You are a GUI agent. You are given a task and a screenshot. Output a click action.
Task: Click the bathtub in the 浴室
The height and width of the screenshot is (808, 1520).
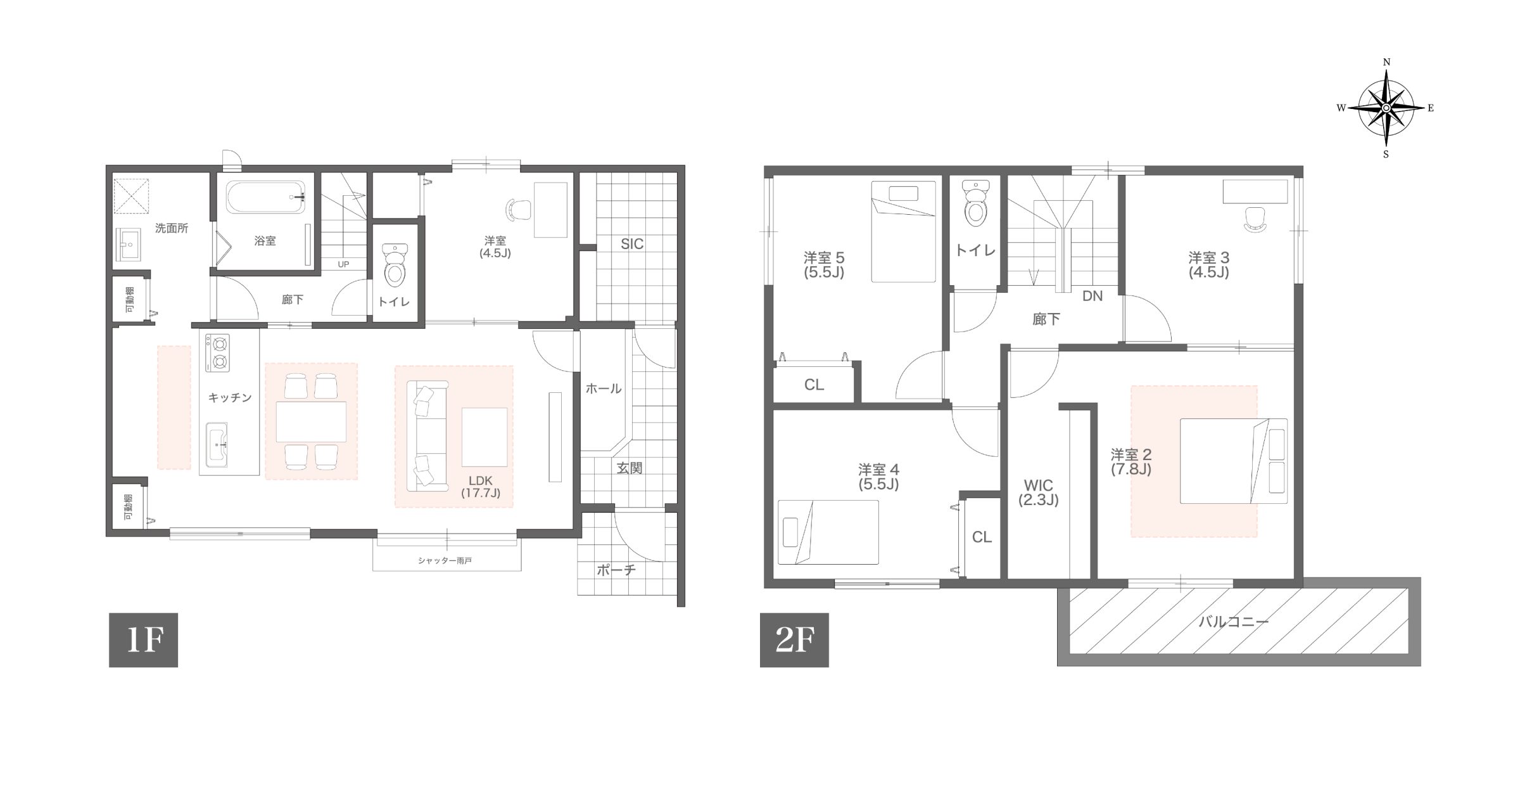(267, 197)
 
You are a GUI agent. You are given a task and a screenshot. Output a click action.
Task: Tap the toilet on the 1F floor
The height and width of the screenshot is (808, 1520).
(395, 265)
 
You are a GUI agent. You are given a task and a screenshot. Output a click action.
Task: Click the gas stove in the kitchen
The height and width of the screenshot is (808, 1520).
(218, 353)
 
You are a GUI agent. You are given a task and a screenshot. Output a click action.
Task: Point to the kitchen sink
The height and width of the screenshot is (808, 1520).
(217, 445)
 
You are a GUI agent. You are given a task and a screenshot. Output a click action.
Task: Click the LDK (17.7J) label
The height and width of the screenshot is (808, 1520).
(481, 487)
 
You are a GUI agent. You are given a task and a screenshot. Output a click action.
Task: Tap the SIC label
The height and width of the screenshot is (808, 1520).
(631, 244)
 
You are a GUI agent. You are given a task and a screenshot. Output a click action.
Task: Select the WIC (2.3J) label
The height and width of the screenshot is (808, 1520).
(1038, 492)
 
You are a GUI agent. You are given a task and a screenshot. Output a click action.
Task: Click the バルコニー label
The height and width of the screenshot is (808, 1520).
(1233, 622)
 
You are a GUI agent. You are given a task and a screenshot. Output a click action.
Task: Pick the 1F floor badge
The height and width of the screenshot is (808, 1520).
(143, 640)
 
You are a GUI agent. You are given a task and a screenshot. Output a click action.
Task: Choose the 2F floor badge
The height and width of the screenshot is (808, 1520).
(794, 640)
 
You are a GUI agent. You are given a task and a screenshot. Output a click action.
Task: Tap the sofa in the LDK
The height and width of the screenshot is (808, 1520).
(427, 435)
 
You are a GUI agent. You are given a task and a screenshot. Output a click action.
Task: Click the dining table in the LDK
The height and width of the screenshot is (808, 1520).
(311, 421)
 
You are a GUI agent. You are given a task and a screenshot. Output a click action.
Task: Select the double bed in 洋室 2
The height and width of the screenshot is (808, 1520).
(1234, 461)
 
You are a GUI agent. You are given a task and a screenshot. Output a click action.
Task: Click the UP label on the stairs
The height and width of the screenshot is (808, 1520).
(343, 264)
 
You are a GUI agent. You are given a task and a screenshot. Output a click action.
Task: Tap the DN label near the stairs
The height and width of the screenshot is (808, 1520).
(1092, 296)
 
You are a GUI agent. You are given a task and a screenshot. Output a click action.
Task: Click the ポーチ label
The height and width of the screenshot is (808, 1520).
(616, 570)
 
